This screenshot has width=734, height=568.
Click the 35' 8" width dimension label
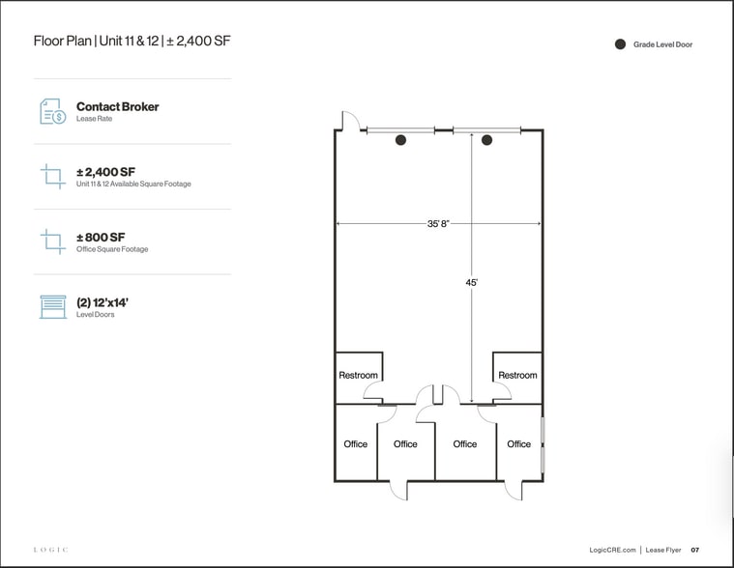point(438,224)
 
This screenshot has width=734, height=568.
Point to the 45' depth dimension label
point(472,283)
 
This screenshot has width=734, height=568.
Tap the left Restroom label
point(358,375)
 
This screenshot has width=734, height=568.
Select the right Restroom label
point(517,375)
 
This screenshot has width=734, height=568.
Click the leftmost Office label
point(356,444)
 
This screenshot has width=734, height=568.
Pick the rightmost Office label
point(519,444)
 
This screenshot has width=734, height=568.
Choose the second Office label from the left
point(405,444)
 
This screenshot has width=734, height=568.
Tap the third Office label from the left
point(465,444)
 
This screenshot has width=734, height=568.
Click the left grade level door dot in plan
point(400,141)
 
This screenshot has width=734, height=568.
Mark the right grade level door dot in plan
point(487,141)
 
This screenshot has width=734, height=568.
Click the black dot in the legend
point(620,44)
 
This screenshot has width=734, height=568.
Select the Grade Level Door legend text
point(662,44)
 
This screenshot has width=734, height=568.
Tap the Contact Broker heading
point(117,106)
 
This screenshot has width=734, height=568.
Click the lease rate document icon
point(52,111)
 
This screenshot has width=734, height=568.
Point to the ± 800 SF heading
point(101,237)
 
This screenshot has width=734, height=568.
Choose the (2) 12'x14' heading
point(103,302)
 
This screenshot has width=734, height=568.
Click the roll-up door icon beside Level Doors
point(52,307)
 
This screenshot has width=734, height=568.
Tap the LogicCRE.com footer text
point(611,550)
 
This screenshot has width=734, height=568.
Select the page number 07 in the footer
point(694,550)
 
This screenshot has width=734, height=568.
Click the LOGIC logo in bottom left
point(51,550)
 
